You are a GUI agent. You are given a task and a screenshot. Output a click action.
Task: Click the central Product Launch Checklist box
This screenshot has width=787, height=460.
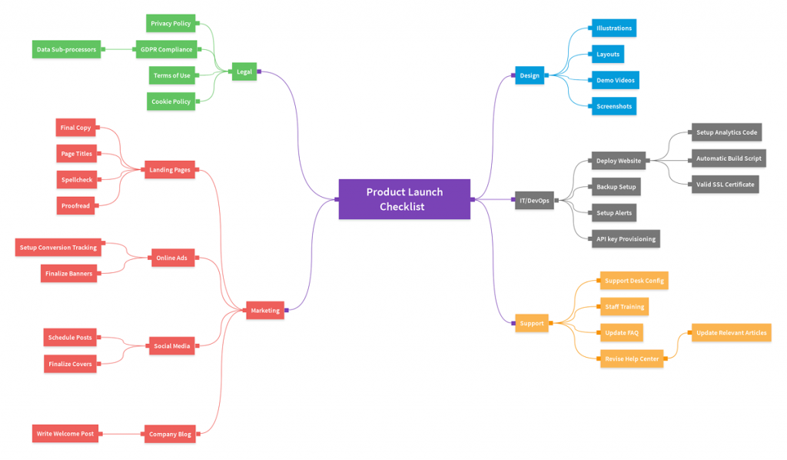[x=404, y=199]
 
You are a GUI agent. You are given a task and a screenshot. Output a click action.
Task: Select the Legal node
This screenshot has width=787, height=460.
[x=244, y=72]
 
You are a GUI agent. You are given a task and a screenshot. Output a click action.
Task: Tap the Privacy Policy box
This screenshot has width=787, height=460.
[x=171, y=24]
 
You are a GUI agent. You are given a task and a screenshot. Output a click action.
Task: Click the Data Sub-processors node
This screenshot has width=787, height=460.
[x=66, y=50]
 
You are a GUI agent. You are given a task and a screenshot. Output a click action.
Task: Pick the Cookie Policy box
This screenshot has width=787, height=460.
[x=171, y=102]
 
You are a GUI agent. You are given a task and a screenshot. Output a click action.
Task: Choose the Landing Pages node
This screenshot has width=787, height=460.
[x=170, y=170]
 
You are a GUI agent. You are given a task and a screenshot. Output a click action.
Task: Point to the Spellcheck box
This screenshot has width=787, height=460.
[x=77, y=180]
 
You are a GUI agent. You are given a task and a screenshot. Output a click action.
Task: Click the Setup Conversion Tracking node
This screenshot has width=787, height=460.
[x=58, y=248]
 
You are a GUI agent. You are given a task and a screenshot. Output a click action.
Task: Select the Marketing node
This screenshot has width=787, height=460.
[x=265, y=310]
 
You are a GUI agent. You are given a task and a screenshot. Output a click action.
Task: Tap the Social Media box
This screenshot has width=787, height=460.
[x=171, y=346]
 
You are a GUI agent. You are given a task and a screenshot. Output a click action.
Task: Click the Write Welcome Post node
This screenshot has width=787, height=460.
[x=65, y=434]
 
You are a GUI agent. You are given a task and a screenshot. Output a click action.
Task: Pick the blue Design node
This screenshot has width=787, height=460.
[x=530, y=75]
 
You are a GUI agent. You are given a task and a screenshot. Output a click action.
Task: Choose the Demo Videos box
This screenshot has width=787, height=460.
[x=616, y=80]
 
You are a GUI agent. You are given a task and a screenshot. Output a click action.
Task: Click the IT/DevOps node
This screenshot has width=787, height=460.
[x=535, y=200]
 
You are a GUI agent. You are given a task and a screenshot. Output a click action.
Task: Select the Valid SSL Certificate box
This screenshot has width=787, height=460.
[x=726, y=185]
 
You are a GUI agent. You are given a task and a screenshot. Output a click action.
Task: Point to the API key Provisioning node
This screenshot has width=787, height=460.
[x=626, y=239]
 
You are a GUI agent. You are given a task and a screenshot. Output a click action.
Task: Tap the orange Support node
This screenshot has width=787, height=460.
[x=532, y=323]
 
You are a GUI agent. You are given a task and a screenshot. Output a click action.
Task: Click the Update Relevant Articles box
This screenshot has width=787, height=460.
[x=732, y=332]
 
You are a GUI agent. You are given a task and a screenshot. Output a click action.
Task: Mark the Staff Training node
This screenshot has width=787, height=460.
[x=624, y=307]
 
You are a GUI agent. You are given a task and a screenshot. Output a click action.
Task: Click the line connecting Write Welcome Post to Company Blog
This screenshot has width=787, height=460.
[x=121, y=434]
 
